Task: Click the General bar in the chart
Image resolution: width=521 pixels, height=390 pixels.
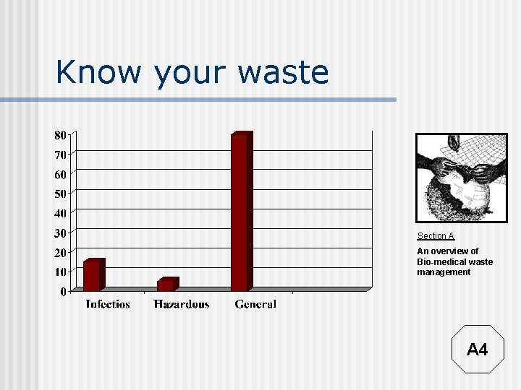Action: (240, 211)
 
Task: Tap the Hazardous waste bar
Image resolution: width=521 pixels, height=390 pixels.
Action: (166, 285)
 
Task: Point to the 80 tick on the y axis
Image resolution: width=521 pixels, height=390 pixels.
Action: (59, 135)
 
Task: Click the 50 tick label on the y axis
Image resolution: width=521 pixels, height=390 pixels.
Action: (60, 194)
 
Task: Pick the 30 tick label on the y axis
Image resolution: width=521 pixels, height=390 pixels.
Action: (60, 233)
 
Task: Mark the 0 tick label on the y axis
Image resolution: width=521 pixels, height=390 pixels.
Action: (63, 292)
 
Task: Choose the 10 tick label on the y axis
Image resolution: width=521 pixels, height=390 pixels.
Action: (60, 272)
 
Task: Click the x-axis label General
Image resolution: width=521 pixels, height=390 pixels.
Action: (255, 304)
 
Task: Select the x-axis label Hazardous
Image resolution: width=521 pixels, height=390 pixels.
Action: (182, 304)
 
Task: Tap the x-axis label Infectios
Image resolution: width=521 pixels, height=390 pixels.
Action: (108, 304)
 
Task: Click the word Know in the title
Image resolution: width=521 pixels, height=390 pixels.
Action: (99, 72)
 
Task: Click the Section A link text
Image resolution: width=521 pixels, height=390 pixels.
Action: (436, 236)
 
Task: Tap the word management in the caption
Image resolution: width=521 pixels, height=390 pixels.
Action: (444, 272)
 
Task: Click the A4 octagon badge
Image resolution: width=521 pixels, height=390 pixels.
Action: (477, 350)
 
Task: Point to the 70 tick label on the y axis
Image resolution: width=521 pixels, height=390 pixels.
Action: (60, 155)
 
